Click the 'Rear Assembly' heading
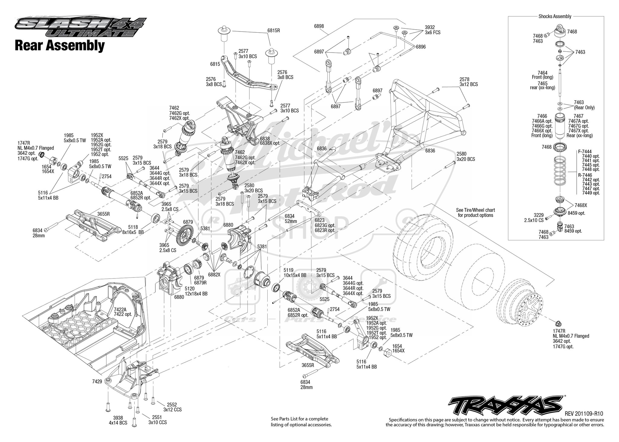coord(60,46)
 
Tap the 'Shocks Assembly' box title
coord(555,17)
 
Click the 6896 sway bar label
coord(420,47)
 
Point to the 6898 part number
coord(319,26)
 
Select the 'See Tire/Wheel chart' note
coord(475,213)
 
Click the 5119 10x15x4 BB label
coord(295,273)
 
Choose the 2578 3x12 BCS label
coord(468,82)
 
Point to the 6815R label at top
coord(273,31)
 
